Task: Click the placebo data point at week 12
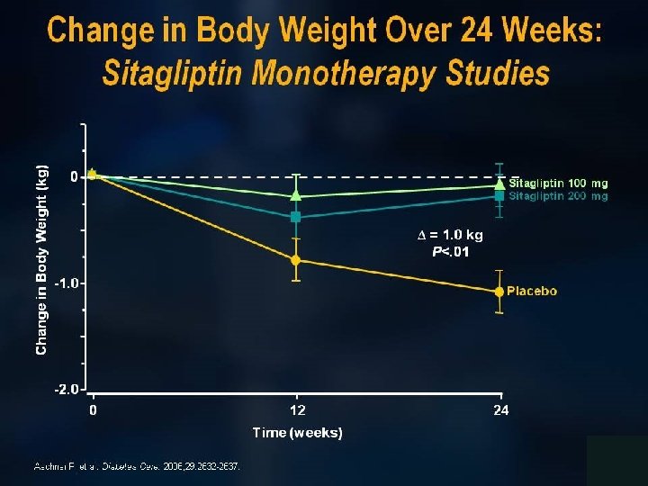click(x=296, y=260)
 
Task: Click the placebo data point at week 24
click(x=499, y=292)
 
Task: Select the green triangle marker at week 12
click(x=296, y=194)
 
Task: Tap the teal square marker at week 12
click(x=296, y=217)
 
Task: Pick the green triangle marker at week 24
click(x=499, y=184)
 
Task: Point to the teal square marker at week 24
click(x=499, y=195)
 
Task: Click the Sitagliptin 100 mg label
click(x=558, y=184)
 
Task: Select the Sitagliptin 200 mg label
click(x=558, y=195)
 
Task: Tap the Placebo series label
click(x=532, y=291)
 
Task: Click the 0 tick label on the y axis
click(x=74, y=176)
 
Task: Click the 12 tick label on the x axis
click(x=296, y=410)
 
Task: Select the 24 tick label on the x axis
click(x=500, y=410)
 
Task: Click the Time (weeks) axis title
click(x=297, y=433)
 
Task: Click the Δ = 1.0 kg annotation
click(x=450, y=236)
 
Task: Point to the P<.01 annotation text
click(x=450, y=251)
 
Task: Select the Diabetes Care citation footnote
click(x=137, y=466)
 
